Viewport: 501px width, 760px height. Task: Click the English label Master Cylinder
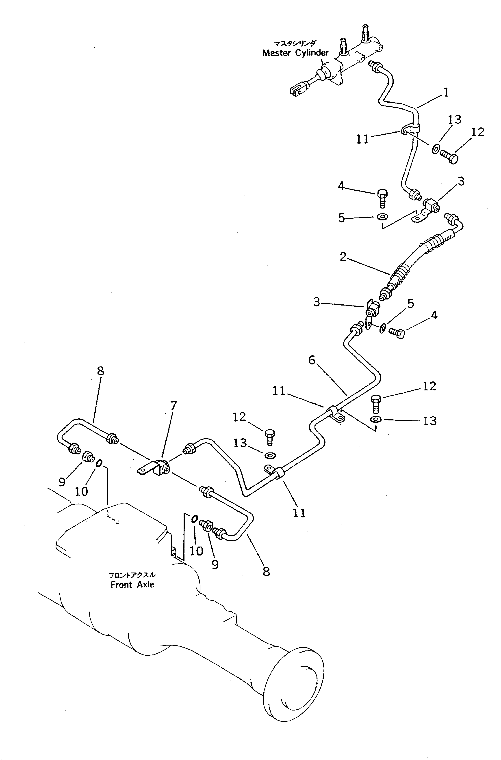[x=295, y=53]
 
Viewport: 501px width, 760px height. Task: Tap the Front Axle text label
[x=132, y=585]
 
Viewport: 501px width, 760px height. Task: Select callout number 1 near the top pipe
[x=446, y=93]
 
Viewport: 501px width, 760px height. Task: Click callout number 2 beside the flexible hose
[x=343, y=256]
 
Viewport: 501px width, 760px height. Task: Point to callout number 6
[x=312, y=360]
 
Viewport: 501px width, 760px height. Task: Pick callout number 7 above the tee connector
[x=173, y=406]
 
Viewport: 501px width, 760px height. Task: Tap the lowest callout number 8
[x=267, y=571]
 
